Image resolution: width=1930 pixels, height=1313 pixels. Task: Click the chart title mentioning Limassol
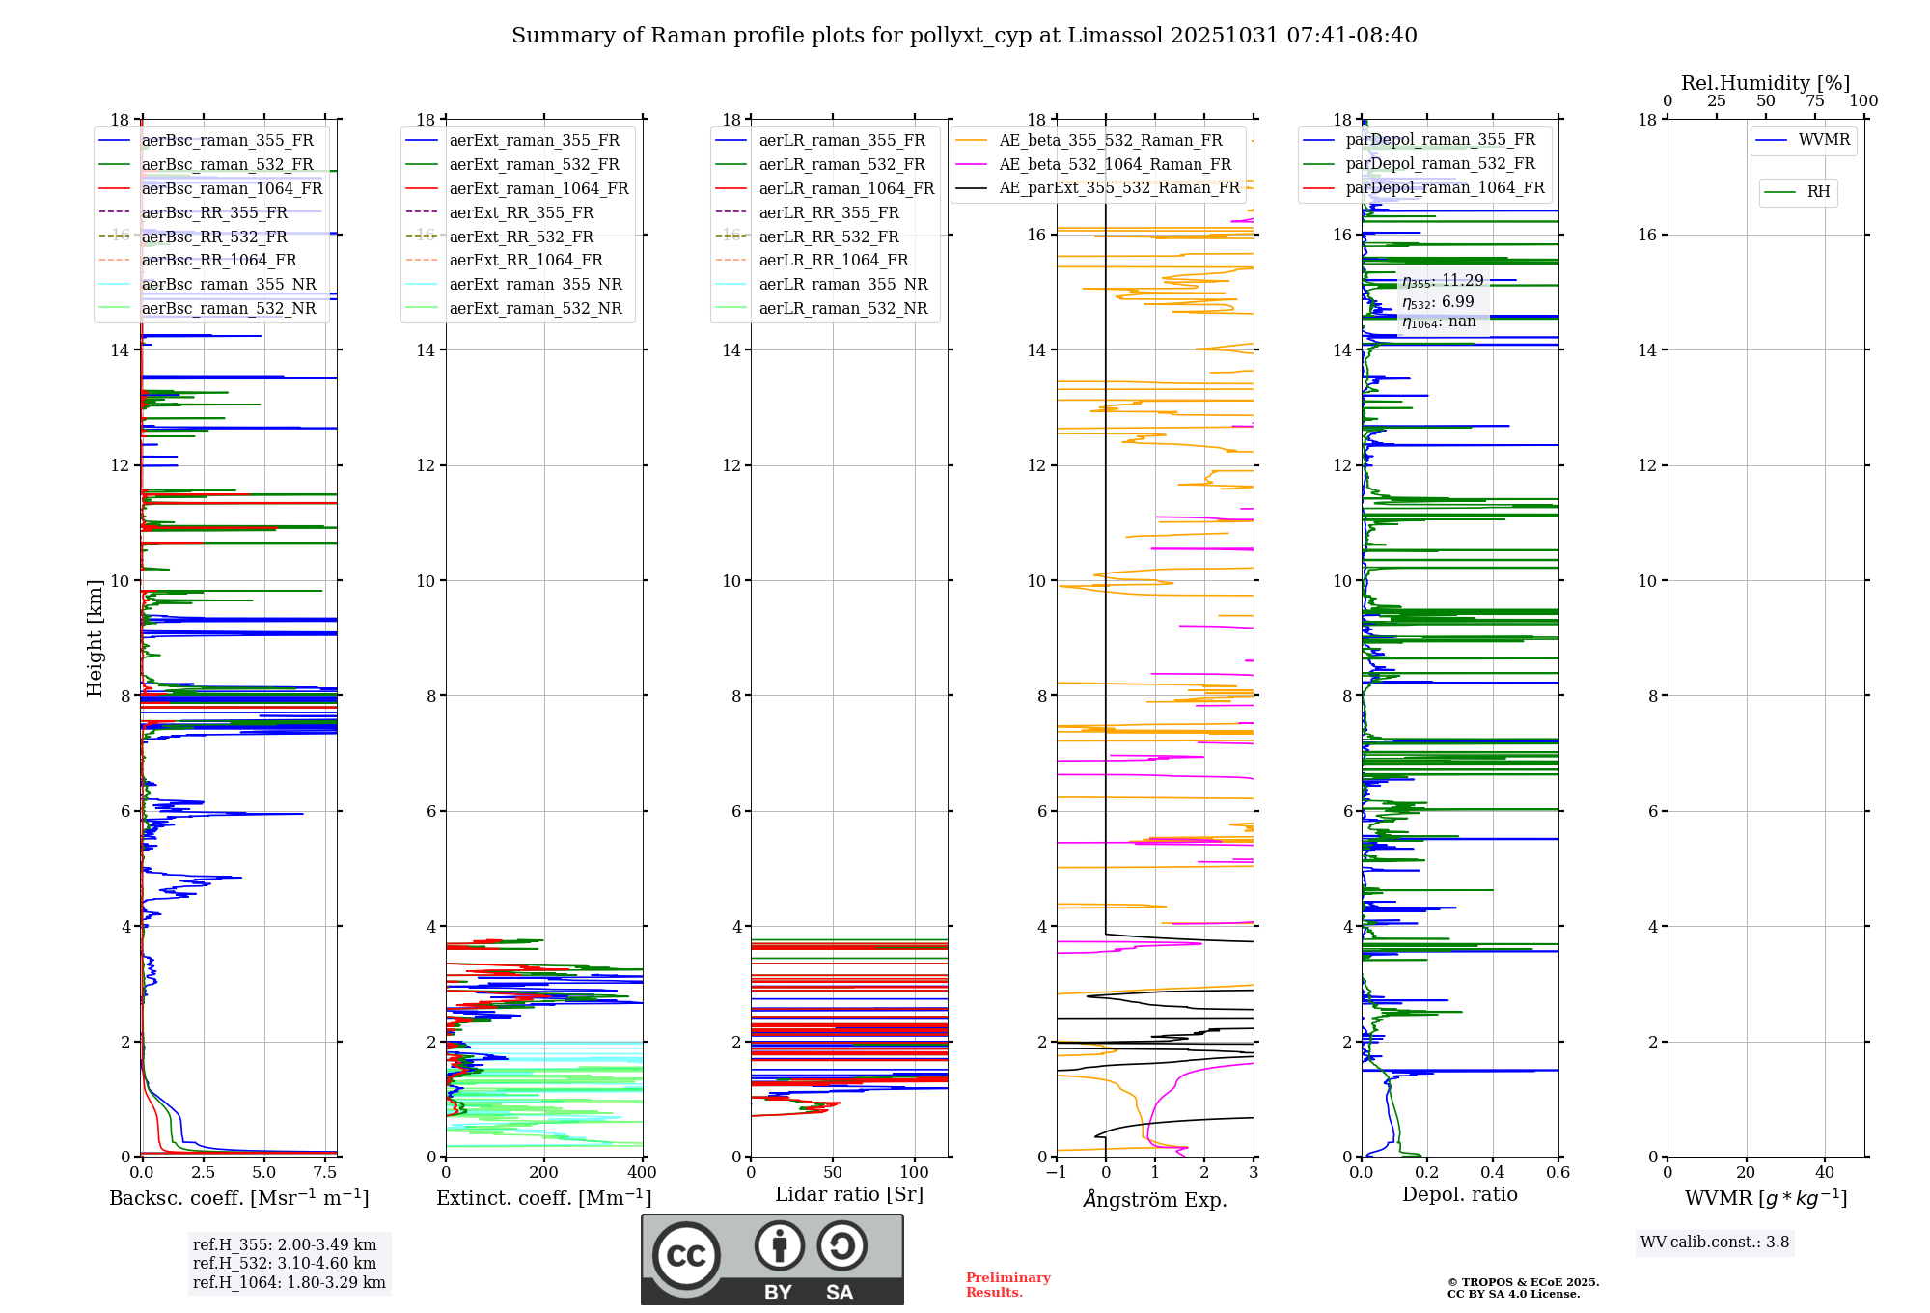pyautogui.click(x=964, y=36)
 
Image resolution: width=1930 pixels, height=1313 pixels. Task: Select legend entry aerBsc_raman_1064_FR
pyautogui.click(x=232, y=188)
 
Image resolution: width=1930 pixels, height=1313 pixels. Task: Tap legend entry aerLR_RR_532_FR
pyautogui.click(x=828, y=237)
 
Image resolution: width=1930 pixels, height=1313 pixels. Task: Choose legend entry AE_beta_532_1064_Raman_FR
pyautogui.click(x=1115, y=164)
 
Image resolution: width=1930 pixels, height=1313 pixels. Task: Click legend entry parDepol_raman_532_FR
pyautogui.click(x=1440, y=163)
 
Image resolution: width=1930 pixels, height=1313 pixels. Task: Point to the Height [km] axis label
pyautogui.click(x=95, y=637)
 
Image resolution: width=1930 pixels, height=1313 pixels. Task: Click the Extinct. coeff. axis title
pyautogui.click(x=544, y=1198)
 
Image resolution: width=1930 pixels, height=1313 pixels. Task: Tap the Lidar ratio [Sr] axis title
pyautogui.click(x=849, y=1194)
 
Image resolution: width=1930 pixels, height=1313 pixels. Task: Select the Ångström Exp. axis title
pyautogui.click(x=1155, y=1200)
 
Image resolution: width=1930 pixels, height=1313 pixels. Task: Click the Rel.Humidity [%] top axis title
pyautogui.click(x=1765, y=83)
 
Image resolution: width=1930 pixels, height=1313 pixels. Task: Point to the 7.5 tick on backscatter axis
pyautogui.click(x=325, y=1173)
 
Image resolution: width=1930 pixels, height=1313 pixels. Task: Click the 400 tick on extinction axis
pyautogui.click(x=642, y=1173)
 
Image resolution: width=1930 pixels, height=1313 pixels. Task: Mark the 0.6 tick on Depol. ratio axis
pyautogui.click(x=1558, y=1173)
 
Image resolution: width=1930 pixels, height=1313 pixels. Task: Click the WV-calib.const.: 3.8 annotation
pyautogui.click(x=1715, y=1243)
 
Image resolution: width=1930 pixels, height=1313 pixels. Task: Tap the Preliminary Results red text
pyautogui.click(x=1007, y=1285)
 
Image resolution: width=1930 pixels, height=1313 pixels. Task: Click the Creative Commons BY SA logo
pyautogui.click(x=772, y=1259)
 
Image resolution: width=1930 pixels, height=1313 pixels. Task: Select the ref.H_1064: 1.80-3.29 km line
pyautogui.click(x=289, y=1283)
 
